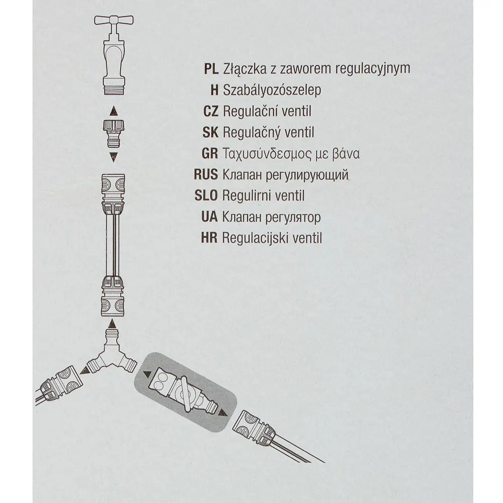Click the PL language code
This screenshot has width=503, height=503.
tap(211, 68)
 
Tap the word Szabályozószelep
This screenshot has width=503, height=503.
tap(272, 90)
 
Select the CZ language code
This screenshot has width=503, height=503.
tap(211, 111)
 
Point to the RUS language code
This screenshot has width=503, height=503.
tap(206, 175)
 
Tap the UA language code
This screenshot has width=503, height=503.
tap(209, 217)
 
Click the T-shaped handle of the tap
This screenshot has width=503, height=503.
tap(114, 21)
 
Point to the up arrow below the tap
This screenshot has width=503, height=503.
tap(114, 111)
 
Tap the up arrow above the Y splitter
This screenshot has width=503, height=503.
tap(112, 323)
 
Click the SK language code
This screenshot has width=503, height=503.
tap(210, 132)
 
